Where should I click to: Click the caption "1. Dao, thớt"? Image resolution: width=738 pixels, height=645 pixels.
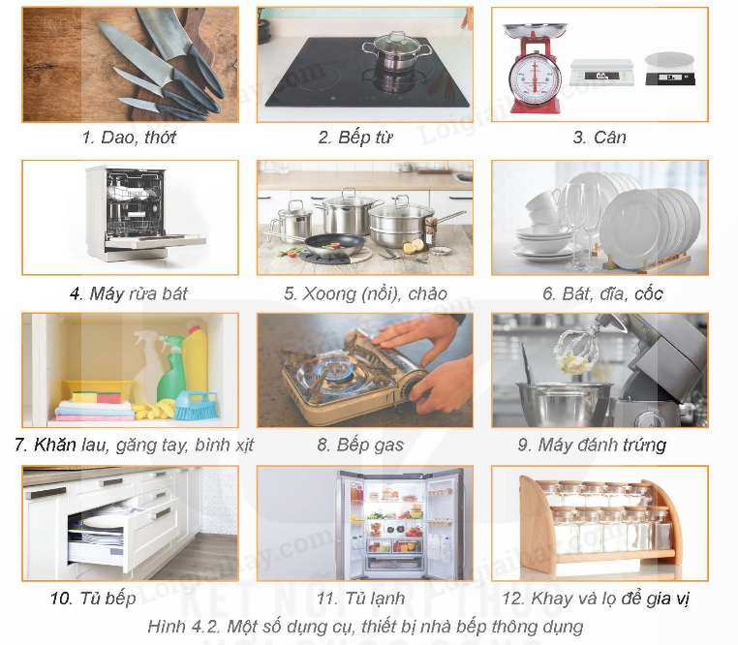(129, 137)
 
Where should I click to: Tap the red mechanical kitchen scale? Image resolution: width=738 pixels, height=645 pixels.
(535, 71)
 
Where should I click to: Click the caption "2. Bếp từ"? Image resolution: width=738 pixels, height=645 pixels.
(355, 137)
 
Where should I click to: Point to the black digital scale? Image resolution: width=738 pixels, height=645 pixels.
(670, 69)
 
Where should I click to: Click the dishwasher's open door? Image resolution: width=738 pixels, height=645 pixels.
(155, 241)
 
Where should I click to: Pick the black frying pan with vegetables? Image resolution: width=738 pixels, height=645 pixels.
(334, 245)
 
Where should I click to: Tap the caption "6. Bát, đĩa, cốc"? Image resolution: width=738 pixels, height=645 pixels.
(602, 293)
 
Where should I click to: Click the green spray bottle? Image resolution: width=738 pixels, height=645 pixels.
(171, 372)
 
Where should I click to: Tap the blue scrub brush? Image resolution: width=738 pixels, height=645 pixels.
(196, 405)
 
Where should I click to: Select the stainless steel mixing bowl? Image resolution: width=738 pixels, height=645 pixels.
(565, 404)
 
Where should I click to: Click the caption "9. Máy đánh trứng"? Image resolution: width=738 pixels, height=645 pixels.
(592, 445)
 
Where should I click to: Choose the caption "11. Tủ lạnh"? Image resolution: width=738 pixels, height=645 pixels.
(360, 599)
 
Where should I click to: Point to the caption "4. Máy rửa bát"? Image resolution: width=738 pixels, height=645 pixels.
(129, 293)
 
